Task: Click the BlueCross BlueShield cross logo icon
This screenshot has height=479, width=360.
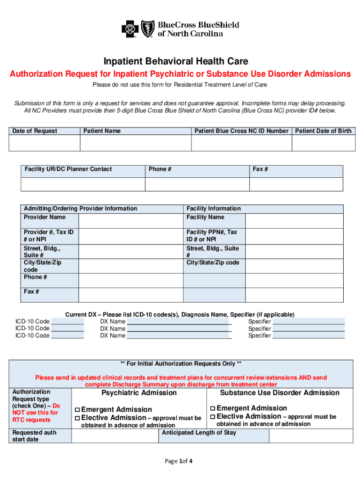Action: [130, 29]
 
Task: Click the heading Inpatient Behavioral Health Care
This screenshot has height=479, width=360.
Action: [176, 61]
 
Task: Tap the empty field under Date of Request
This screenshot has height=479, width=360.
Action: [44, 143]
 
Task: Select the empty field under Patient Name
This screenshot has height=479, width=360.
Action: [136, 143]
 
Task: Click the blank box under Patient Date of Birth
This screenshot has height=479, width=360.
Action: [323, 143]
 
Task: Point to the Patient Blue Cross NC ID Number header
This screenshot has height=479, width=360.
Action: [241, 131]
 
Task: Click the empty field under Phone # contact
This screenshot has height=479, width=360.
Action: [197, 184]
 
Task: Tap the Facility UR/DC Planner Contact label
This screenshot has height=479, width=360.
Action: [68, 169]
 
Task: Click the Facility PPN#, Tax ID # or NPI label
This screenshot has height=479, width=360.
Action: [212, 236]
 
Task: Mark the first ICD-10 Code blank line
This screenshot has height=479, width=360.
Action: [67, 322]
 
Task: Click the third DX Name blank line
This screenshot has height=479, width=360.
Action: [179, 336]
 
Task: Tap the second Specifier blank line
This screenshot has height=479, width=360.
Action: [309, 329]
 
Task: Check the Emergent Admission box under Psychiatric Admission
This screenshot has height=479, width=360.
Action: [78, 410]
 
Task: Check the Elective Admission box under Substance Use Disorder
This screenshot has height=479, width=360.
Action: [213, 417]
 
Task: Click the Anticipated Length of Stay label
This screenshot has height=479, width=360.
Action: [199, 433]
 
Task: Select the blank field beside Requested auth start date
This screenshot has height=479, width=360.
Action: [115, 436]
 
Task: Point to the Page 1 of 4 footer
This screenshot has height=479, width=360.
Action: [179, 461]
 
